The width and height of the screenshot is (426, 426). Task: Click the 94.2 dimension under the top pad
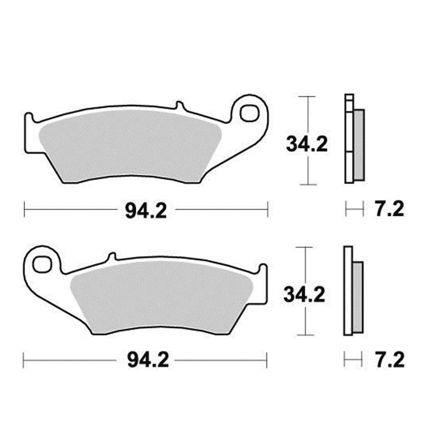pyautogui.click(x=146, y=210)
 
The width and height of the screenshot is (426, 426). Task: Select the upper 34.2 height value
pyautogui.click(x=307, y=145)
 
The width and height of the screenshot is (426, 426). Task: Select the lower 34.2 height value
pyautogui.click(x=304, y=294)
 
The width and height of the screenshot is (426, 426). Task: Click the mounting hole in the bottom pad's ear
pyautogui.click(x=42, y=265)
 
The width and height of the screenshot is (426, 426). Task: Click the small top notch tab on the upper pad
pyautogui.click(x=179, y=105)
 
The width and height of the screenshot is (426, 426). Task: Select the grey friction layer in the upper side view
pyautogui.click(x=360, y=145)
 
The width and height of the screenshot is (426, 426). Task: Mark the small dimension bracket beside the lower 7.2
pyautogui.click(x=353, y=360)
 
